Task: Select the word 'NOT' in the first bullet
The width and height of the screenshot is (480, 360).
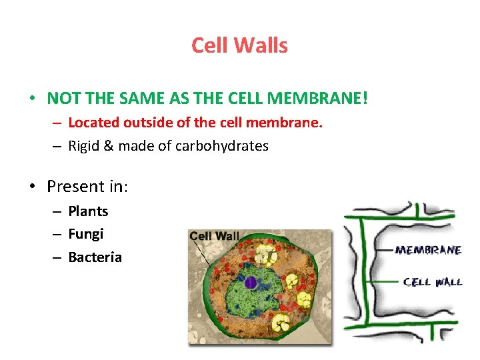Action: click(x=61, y=99)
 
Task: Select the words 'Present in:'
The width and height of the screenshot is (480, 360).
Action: click(x=87, y=186)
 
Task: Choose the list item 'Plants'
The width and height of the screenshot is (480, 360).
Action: click(x=88, y=211)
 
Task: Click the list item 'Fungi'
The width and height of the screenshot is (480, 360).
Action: click(x=86, y=234)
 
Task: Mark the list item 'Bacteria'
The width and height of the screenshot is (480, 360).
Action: click(x=95, y=257)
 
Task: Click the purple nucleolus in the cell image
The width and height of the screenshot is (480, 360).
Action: click(x=251, y=283)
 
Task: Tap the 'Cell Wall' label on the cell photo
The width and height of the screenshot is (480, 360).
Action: click(x=214, y=236)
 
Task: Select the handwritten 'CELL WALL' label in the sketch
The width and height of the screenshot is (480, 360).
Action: click(x=433, y=282)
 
